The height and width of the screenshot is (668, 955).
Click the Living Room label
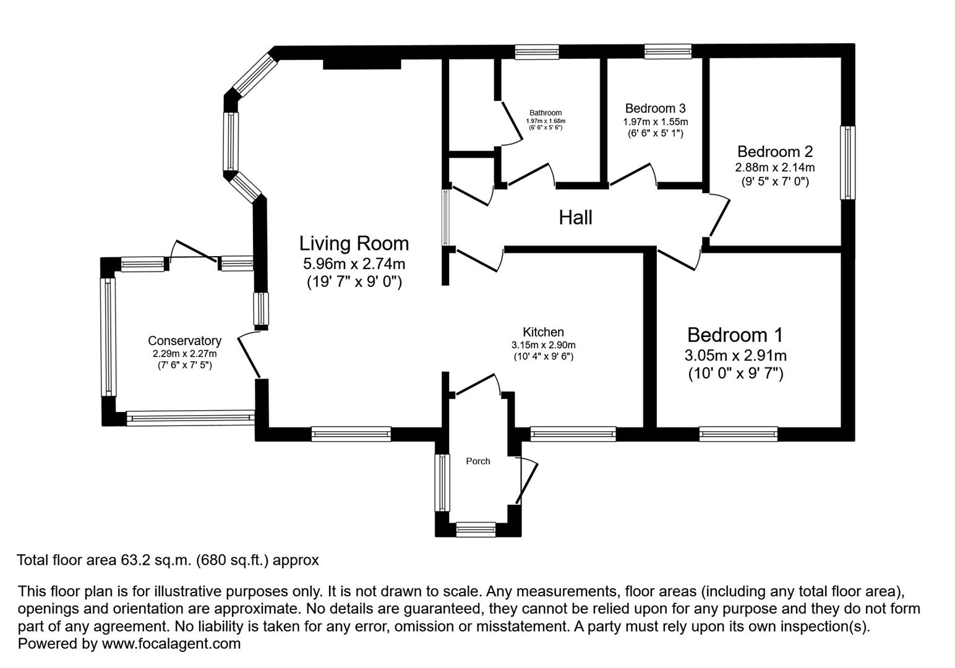click(x=354, y=243)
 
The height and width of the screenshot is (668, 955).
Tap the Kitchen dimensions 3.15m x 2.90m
click(x=543, y=345)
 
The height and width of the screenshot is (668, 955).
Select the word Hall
click(x=575, y=218)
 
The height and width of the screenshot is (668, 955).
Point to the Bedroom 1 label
click(x=735, y=335)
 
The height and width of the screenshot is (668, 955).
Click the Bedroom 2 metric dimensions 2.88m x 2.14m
click(x=774, y=168)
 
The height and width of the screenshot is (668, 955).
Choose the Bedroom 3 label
click(x=655, y=108)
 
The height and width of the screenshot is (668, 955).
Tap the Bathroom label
click(x=545, y=113)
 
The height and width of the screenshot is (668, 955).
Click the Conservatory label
click(x=184, y=341)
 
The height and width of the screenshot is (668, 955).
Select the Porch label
click(x=477, y=461)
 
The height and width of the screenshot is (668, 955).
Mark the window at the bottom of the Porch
click(x=476, y=529)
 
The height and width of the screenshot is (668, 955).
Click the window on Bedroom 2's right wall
click(x=847, y=163)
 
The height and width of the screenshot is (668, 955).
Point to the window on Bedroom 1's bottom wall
click(x=738, y=434)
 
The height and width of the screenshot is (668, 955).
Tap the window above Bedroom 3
click(x=667, y=52)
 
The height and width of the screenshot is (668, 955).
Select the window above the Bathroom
click(x=537, y=52)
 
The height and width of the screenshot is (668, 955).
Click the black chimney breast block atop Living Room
click(x=362, y=64)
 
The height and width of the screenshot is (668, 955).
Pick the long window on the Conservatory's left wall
click(x=108, y=336)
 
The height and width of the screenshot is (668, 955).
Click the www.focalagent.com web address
click(x=171, y=644)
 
